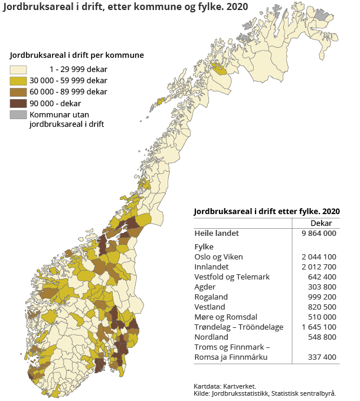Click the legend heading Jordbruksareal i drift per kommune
77,55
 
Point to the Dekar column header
321,223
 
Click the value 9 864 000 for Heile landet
319,234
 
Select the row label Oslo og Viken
218,257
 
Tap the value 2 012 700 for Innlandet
319,267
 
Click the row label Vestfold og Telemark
232,277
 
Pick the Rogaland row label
211,297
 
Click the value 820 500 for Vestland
322,307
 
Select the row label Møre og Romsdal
225,317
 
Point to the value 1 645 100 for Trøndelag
319,327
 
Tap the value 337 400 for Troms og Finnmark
322,357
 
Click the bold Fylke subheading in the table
204,246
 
